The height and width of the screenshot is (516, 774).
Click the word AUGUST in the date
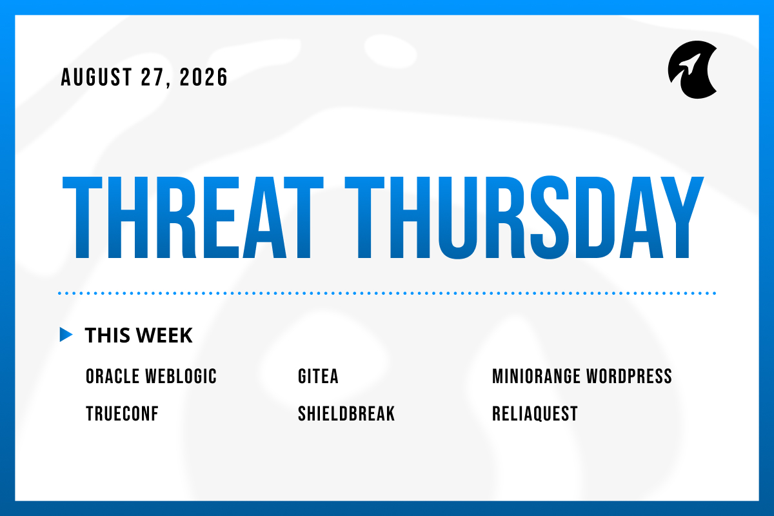[x=96, y=77]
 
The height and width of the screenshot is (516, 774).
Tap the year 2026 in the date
[x=204, y=77]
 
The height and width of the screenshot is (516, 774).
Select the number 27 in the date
[x=152, y=77]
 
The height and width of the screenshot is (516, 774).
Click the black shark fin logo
[x=692, y=70]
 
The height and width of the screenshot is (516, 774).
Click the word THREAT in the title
[x=192, y=217]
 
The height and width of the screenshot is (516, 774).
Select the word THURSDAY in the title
[x=524, y=217]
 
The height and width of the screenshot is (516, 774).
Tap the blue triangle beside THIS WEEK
[x=66, y=335]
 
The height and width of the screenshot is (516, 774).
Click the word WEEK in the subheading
[x=164, y=335]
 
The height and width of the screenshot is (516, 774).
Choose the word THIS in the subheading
[x=108, y=335]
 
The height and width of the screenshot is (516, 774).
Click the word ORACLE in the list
[x=112, y=376]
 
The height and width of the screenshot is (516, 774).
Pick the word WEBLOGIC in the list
[x=181, y=376]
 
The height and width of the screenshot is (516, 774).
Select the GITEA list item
[x=318, y=376]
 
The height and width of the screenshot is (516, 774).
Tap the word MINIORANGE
[x=536, y=376]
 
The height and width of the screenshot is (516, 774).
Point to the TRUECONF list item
[x=122, y=413]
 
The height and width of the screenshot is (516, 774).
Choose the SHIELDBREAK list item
[x=346, y=413]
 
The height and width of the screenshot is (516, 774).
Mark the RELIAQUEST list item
[x=535, y=413]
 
